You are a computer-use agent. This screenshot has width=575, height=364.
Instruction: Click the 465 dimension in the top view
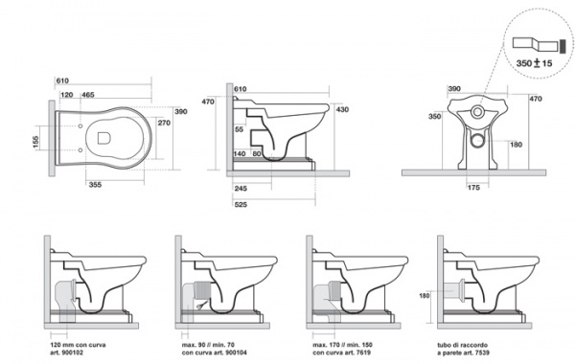pos(88,95)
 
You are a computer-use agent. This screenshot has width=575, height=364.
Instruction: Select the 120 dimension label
pos(67,95)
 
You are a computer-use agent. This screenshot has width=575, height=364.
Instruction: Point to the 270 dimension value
pos(164,123)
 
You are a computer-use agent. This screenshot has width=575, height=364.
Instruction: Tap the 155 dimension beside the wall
pos(35,142)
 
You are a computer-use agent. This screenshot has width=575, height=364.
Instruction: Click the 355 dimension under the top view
pos(95,185)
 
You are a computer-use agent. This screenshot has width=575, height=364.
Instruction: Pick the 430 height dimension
pos(342,109)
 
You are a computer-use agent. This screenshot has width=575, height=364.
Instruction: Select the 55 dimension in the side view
pos(239,129)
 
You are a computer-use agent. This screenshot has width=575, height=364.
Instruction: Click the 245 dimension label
pos(241,189)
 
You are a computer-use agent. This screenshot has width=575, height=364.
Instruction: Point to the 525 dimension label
pos(241,205)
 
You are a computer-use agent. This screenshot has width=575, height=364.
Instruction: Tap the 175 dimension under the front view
pos(473,188)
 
